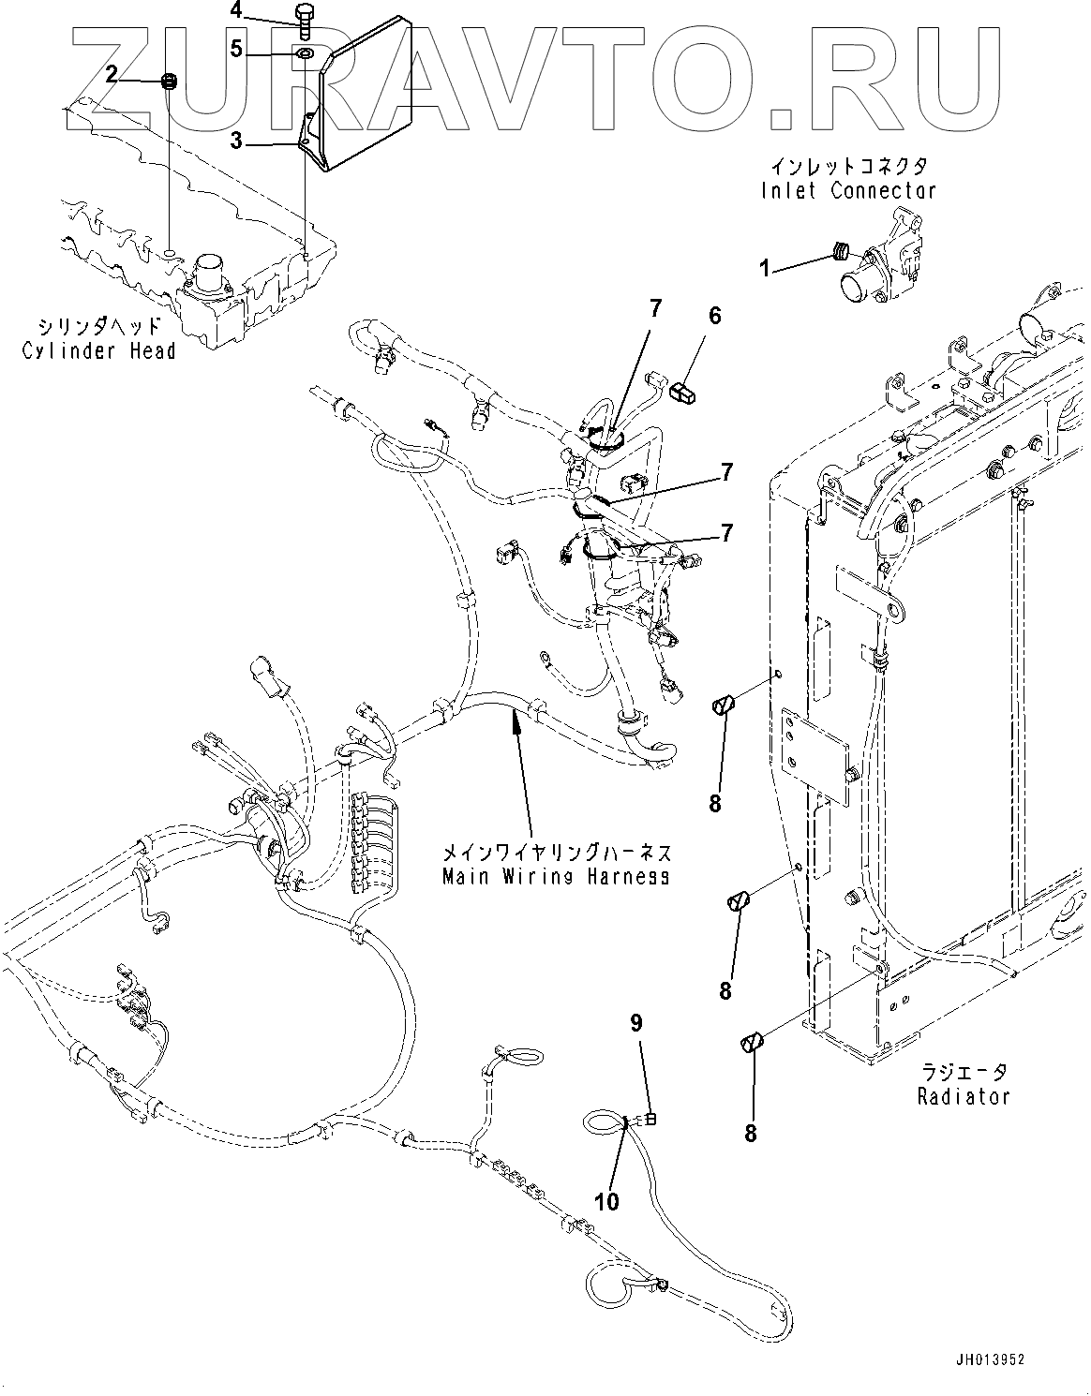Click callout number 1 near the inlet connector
765,269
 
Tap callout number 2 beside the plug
112,75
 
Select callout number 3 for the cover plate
236,141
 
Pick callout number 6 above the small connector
715,316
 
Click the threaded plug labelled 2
169,82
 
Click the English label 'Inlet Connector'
848,191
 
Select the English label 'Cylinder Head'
98,350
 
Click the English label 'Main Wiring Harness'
557,876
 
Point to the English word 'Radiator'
964,1096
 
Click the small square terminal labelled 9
651,1121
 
